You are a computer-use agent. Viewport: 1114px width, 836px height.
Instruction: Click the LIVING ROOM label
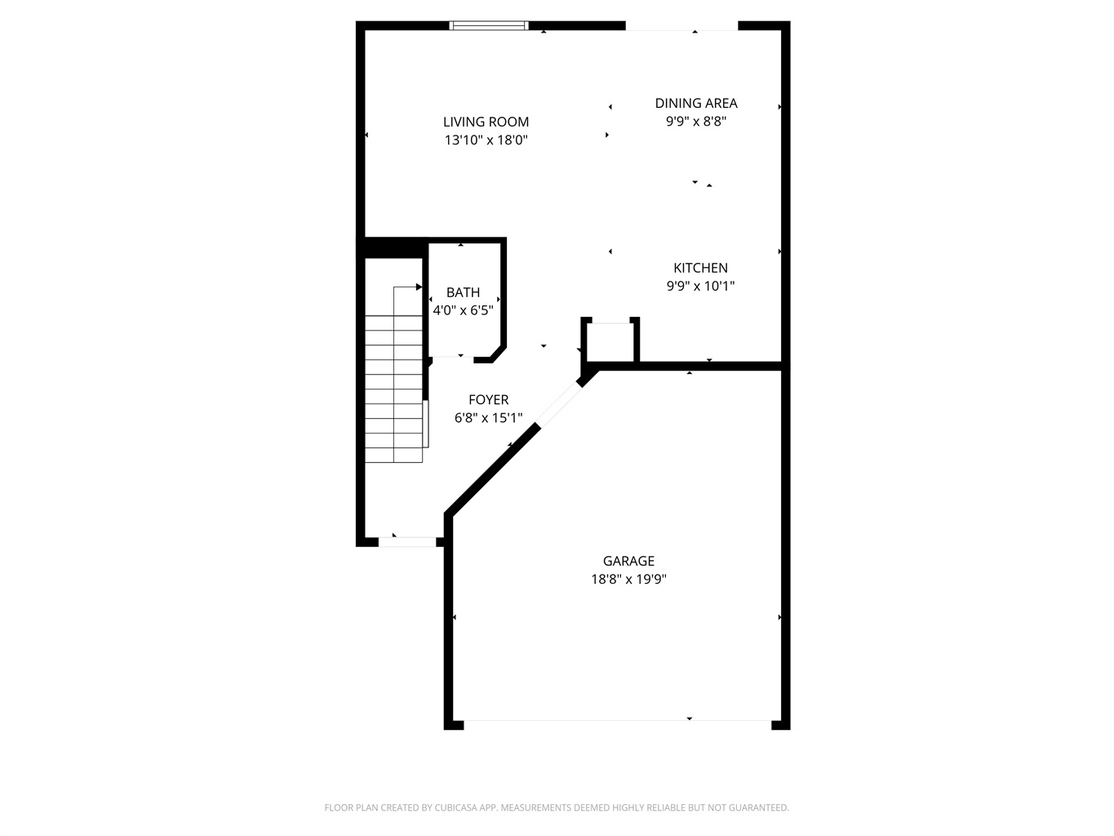click(x=486, y=122)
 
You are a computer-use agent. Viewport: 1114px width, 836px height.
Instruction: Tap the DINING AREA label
click(x=696, y=103)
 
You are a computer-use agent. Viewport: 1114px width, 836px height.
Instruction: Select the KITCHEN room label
click(x=700, y=268)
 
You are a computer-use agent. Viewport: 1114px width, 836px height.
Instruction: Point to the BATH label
click(x=463, y=292)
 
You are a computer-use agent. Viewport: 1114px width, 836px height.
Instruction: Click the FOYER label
click(x=488, y=399)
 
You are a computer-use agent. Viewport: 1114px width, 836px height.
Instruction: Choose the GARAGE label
click(x=628, y=560)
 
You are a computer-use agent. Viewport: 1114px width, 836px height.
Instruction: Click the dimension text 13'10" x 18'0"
click(x=486, y=140)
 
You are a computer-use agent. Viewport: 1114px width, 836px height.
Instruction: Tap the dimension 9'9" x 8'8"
click(x=696, y=122)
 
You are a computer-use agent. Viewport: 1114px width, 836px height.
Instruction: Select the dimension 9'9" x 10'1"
click(x=700, y=286)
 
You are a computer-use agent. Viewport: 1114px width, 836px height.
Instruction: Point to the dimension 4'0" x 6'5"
click(x=463, y=310)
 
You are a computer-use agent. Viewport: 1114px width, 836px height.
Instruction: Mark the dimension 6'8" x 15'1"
click(x=488, y=418)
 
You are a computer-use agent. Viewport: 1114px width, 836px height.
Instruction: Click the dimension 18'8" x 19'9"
click(x=628, y=579)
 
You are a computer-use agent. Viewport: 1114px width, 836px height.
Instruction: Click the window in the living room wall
click(x=489, y=25)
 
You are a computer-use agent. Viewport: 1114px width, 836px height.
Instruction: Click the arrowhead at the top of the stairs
click(x=419, y=287)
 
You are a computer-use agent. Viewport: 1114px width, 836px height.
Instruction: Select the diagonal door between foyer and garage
click(x=559, y=405)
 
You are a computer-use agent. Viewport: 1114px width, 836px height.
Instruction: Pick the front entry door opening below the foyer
click(x=407, y=542)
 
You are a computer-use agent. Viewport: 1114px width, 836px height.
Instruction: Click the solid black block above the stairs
click(x=393, y=248)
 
